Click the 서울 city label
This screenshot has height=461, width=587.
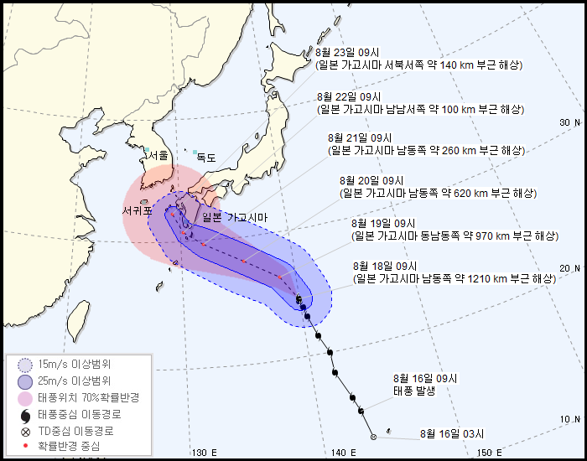coord(158,155)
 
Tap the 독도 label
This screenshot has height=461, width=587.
coord(205,157)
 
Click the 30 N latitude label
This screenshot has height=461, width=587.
coord(569,122)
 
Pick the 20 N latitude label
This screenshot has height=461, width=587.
coord(569,268)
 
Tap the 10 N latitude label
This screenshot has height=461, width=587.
coord(569,419)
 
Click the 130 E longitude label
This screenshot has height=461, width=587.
coord(205,453)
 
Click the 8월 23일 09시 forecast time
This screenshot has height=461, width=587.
coord(347,51)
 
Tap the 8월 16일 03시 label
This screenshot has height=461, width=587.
coord(453,433)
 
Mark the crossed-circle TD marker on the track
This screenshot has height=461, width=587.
coord(373,437)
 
